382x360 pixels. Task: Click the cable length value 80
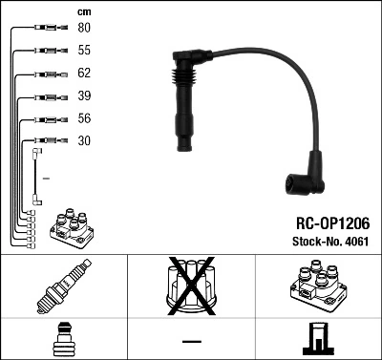(84, 28)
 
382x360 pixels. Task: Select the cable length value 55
(84, 50)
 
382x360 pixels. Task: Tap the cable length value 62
(84, 74)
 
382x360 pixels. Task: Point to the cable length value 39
(84, 96)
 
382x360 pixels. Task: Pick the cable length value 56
(84, 119)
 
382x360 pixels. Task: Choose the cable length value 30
(84, 141)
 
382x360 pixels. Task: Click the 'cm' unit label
(84, 11)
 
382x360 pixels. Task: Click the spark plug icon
(63, 286)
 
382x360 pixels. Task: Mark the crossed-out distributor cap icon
(190, 286)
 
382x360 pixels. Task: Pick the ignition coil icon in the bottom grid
(317, 286)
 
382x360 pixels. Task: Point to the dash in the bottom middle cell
(190, 340)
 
